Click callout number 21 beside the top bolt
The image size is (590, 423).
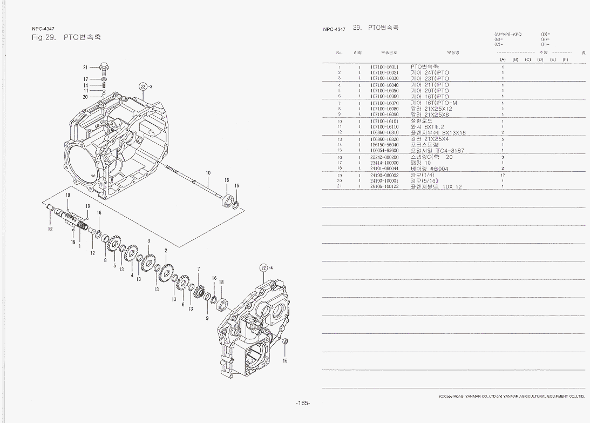click(85, 68)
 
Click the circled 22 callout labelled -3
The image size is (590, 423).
click(143, 86)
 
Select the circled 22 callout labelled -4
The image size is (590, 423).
click(264, 267)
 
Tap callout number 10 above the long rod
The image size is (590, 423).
click(208, 173)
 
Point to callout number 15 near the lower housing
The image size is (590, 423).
click(285, 360)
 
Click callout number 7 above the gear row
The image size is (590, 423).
click(199, 268)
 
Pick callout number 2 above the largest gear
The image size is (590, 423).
click(166, 251)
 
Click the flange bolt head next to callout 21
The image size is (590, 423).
click(104, 68)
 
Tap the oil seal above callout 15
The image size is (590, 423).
click(286, 342)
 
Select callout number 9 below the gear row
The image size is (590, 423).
click(207, 319)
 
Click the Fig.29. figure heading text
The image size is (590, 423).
click(44, 37)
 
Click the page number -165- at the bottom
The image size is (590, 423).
click(302, 403)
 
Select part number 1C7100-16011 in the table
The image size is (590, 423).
click(384, 67)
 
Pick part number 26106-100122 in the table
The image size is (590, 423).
click(384, 186)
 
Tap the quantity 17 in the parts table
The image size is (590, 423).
click(502, 175)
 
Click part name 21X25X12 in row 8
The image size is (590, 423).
click(431, 109)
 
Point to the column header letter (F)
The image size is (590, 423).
click(565, 59)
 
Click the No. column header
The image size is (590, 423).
click(339, 52)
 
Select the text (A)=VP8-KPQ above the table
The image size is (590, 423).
click(508, 34)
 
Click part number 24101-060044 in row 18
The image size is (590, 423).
click(384, 169)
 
